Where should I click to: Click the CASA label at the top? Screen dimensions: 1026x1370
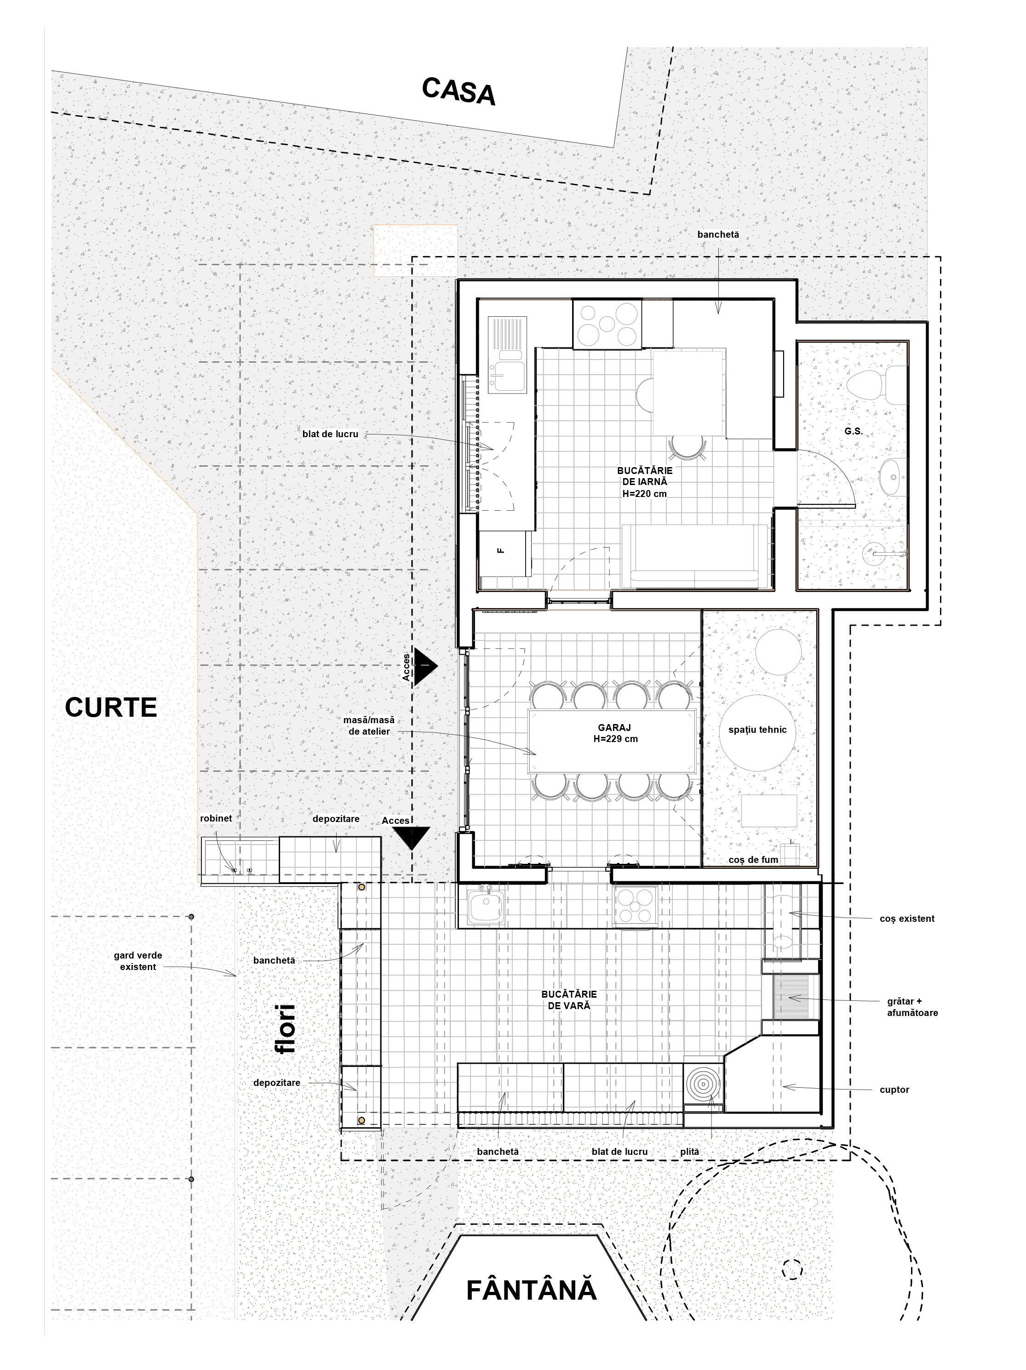pyautogui.click(x=459, y=91)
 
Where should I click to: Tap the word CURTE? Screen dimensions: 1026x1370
pyautogui.click(x=111, y=707)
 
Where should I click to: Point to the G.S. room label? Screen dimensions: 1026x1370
pyautogui.click(x=853, y=431)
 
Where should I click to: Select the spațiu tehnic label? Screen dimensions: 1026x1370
pyautogui.click(x=757, y=730)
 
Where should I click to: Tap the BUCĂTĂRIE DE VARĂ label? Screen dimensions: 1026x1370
pyautogui.click(x=569, y=999)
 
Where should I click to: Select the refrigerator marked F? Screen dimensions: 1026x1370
pyautogui.click(x=505, y=553)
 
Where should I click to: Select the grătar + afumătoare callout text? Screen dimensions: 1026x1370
pyautogui.click(x=911, y=1008)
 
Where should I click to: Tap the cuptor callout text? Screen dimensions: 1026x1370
pyautogui.click(x=894, y=1090)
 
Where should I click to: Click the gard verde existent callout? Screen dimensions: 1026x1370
pyautogui.click(x=138, y=961)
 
